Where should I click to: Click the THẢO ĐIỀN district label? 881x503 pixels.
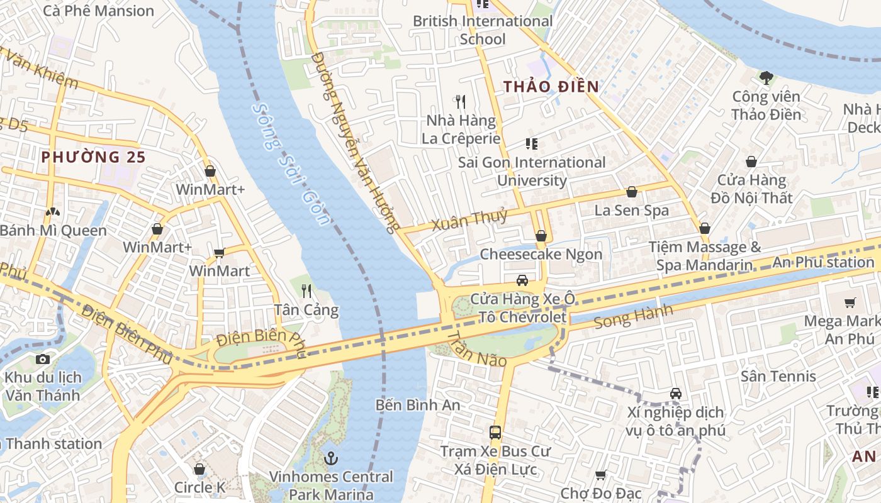[x=551, y=87]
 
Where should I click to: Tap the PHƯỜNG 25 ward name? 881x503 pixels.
[x=93, y=157]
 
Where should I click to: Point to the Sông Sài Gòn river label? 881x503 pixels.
[x=291, y=163]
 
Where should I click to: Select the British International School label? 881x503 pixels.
[x=483, y=30]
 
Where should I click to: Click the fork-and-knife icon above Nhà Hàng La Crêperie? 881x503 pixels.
[x=461, y=101]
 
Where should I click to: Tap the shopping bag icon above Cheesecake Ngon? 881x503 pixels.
[x=541, y=236]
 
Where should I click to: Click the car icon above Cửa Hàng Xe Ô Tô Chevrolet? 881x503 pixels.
[x=522, y=280]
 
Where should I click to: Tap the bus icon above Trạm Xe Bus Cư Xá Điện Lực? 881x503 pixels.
[x=495, y=433]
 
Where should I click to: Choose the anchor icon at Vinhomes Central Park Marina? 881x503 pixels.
[x=331, y=458]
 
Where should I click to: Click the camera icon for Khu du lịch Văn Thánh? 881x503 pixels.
[x=43, y=359]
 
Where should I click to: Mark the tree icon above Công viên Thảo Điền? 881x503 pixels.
[x=766, y=78]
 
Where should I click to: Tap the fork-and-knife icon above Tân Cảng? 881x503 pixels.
[x=306, y=290]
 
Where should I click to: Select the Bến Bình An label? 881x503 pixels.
[x=418, y=405]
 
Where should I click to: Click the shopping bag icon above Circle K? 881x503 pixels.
[x=199, y=469]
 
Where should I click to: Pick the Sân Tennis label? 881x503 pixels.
[x=778, y=376]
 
